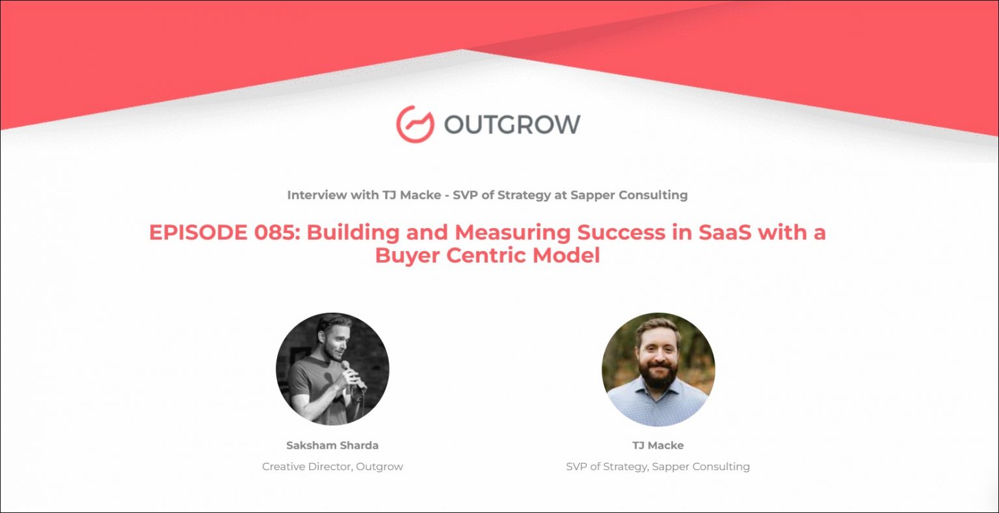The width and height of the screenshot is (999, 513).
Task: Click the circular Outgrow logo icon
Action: [x=415, y=124]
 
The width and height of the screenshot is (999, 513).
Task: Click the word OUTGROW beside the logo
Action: [x=513, y=124]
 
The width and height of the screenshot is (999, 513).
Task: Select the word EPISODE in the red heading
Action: [x=198, y=232]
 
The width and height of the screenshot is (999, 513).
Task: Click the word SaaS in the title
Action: [x=725, y=232]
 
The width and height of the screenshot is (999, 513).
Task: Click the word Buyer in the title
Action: [x=407, y=256]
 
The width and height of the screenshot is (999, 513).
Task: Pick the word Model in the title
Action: [x=566, y=256]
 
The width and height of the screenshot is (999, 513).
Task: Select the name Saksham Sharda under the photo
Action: [x=332, y=445]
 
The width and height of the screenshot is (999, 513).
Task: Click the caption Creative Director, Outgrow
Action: [x=332, y=467]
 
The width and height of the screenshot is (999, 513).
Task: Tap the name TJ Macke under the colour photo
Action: [x=658, y=445]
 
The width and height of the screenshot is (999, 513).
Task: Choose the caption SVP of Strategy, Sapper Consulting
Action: [x=658, y=467]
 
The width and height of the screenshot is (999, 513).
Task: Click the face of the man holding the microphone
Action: [x=333, y=341]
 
